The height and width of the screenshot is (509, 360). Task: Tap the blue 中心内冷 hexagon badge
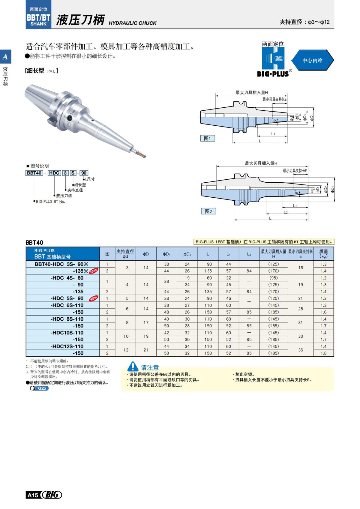click(x=312, y=60)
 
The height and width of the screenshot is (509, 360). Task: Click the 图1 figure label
click(x=207, y=138)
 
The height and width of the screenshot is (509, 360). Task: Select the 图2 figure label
click(x=208, y=211)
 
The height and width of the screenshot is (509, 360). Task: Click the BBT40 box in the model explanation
click(x=34, y=173)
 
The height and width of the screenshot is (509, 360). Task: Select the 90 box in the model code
click(x=84, y=173)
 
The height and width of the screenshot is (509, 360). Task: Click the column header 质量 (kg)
click(x=323, y=254)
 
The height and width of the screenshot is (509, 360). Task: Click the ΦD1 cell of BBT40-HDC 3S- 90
click(x=166, y=264)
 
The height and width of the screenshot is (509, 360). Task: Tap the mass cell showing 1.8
click(x=323, y=353)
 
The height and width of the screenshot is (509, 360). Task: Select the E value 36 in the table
click(x=300, y=350)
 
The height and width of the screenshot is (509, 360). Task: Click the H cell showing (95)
click(x=273, y=278)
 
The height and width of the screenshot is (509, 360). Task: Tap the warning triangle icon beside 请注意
click(x=133, y=367)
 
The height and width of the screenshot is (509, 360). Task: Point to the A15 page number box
click(x=33, y=495)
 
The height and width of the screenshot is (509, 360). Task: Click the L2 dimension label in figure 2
click(x=286, y=212)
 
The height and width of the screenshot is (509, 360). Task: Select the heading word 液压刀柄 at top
click(x=80, y=20)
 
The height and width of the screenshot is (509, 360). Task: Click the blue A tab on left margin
click(x=5, y=56)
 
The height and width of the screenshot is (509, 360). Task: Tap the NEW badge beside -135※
click(x=94, y=271)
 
